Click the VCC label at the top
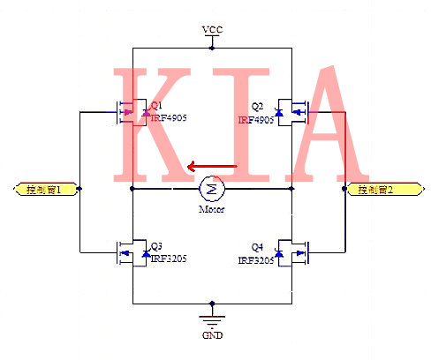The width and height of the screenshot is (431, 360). point(212,30)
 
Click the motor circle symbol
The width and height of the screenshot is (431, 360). point(211,188)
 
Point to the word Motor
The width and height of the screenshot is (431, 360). point(211,209)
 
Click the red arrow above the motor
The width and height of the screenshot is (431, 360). point(212,166)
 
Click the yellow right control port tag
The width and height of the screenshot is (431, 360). point(377,189)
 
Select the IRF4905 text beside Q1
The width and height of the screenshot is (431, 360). point(168,117)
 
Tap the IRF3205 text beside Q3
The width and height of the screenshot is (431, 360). point(168,259)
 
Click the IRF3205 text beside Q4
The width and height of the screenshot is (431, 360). point(255,260)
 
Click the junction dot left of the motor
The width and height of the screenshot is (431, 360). point(132,189)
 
